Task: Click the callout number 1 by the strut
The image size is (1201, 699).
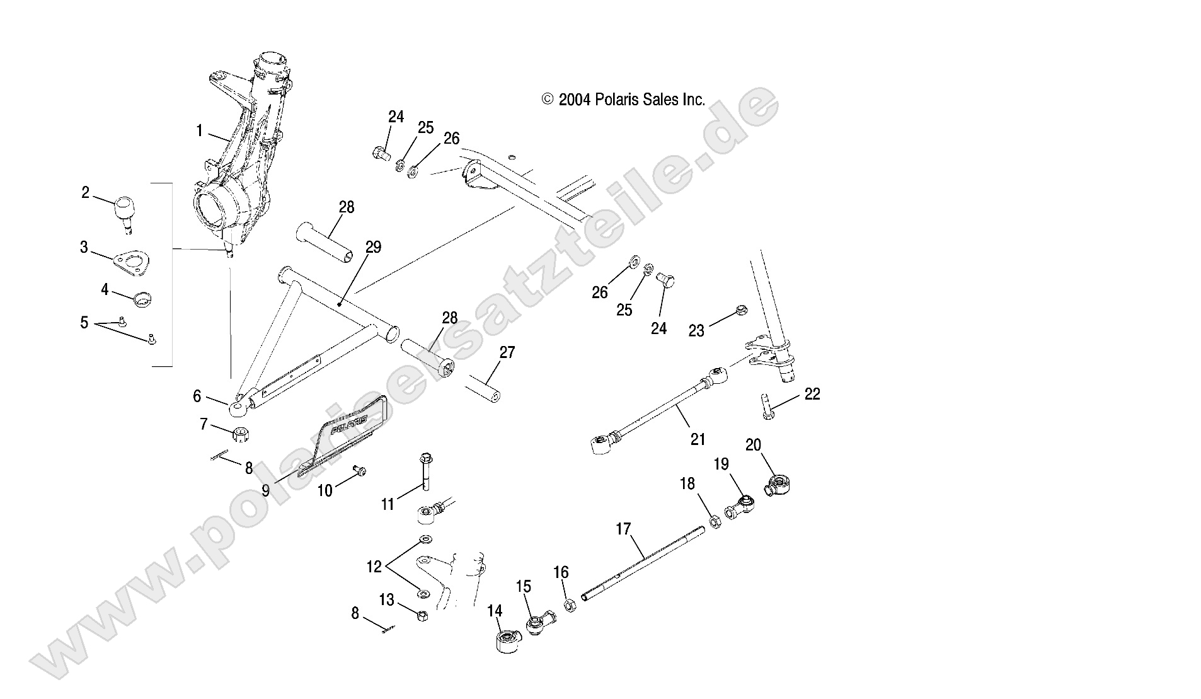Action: (x=199, y=131)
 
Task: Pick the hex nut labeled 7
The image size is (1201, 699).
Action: (x=239, y=434)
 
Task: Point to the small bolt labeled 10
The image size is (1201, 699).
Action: (x=360, y=470)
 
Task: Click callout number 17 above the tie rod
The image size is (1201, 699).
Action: (x=623, y=529)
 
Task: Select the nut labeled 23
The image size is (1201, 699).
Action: (x=742, y=310)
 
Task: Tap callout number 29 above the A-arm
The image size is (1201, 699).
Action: (x=373, y=247)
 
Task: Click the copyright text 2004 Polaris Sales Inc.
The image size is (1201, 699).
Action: (x=623, y=100)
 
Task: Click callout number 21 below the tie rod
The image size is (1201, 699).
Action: (x=697, y=439)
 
